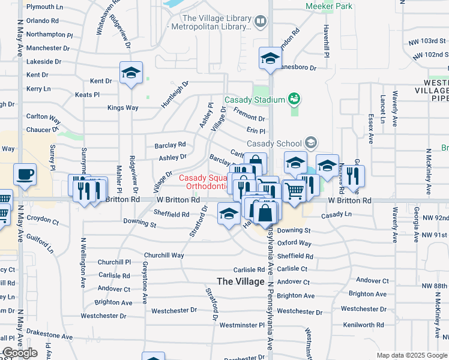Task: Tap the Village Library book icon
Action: (260, 22)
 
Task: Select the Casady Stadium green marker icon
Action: (294, 98)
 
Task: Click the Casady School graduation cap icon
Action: (311, 142)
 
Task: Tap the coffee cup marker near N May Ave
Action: (25, 174)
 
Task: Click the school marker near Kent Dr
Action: (130, 73)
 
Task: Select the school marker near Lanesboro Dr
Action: (270, 58)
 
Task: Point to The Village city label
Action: (241, 281)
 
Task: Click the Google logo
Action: (19, 353)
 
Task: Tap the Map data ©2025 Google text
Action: (411, 355)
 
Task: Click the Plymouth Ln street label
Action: (44, 7)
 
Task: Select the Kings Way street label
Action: (122, 108)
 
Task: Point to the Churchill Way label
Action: (164, 255)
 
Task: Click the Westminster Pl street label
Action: (242, 325)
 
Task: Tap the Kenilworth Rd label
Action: (364, 325)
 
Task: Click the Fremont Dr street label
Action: (249, 119)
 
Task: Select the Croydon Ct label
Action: (43, 221)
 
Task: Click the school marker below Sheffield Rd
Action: (229, 214)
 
